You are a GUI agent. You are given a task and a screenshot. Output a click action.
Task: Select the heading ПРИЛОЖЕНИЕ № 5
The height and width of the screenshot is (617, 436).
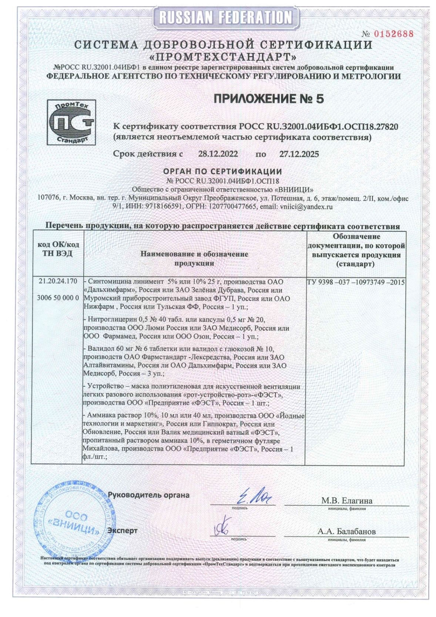coord(269,99)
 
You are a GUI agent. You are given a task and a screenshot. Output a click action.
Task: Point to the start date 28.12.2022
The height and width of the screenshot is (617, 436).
coord(218,154)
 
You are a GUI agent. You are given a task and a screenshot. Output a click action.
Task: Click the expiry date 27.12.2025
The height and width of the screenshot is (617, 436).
coord(299,154)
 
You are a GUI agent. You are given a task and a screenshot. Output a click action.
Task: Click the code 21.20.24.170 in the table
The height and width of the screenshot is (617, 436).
coord(58,281)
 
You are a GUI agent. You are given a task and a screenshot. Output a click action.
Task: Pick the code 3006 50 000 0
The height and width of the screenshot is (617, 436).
coord(58,298)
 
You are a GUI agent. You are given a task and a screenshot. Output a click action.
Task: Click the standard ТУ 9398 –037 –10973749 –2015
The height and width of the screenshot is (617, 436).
coord(356,282)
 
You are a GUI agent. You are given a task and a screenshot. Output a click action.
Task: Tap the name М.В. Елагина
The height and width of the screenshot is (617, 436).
coord(347,501)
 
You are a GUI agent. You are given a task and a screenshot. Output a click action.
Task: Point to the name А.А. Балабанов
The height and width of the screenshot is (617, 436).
coord(346,531)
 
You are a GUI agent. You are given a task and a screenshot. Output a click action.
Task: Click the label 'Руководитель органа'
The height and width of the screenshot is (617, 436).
coord(148,495)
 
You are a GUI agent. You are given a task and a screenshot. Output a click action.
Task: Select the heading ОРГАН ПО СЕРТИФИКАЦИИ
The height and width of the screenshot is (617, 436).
coord(222,172)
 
